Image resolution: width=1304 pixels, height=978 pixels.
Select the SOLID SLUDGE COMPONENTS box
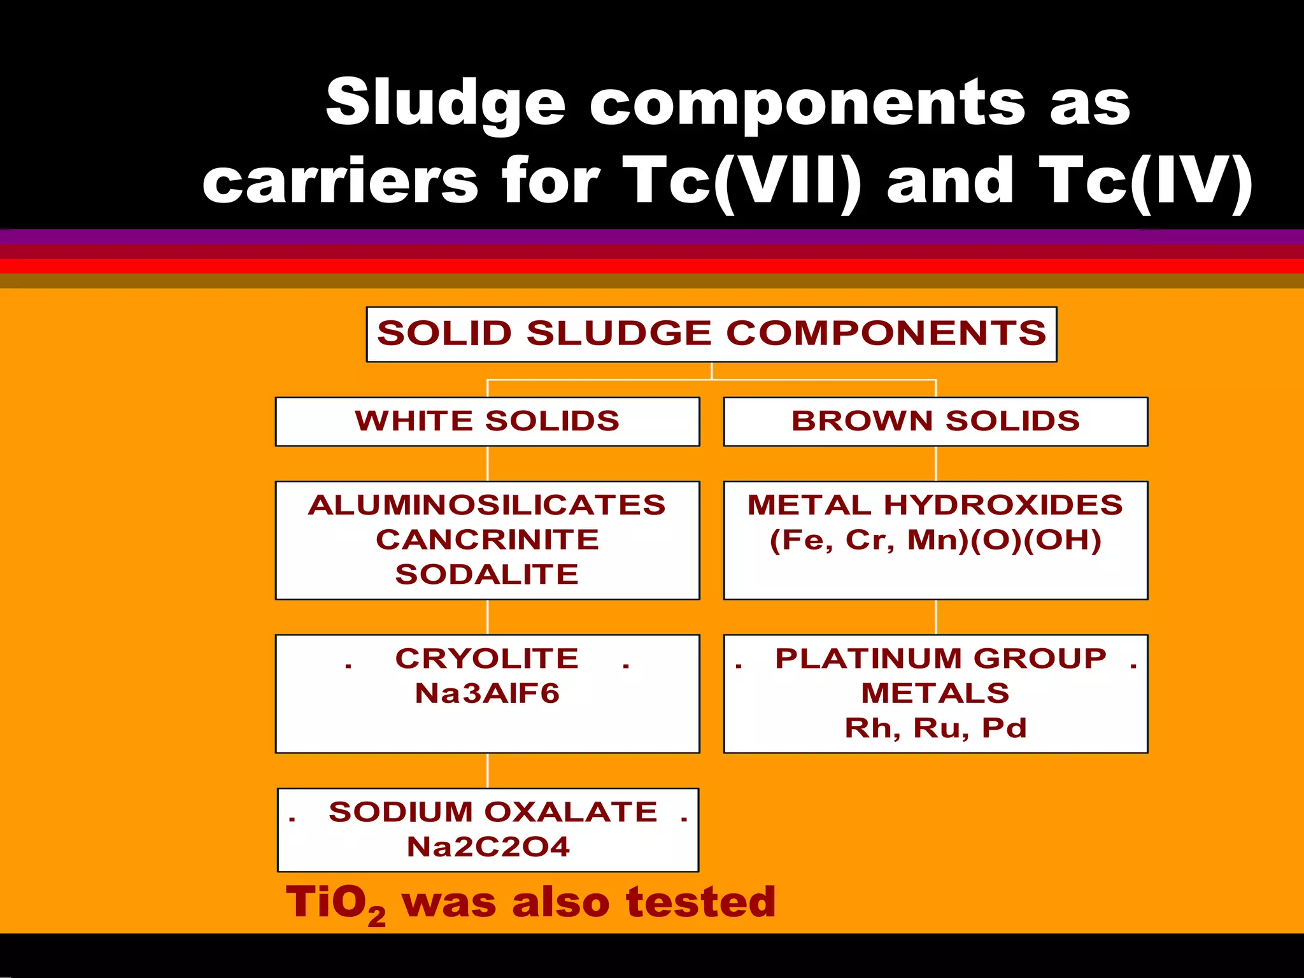click(x=711, y=334)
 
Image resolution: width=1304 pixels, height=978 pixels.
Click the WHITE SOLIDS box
click(x=487, y=422)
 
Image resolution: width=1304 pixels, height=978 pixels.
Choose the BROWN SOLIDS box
click(x=935, y=422)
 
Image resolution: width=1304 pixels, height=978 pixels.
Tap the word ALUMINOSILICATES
click(x=487, y=506)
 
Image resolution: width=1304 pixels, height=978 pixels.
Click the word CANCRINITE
click(x=487, y=540)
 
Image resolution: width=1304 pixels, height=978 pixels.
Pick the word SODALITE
click(x=487, y=574)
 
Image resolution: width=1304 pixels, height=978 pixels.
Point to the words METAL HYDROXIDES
click(x=935, y=506)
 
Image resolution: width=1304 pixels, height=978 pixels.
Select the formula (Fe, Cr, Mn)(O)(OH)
click(x=935, y=540)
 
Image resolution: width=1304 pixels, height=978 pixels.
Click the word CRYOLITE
click(x=487, y=659)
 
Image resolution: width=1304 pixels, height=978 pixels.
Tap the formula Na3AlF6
click(x=487, y=693)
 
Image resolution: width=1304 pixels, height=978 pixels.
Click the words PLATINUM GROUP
click(x=940, y=659)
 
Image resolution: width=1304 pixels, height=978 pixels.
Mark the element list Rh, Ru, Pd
click(x=935, y=728)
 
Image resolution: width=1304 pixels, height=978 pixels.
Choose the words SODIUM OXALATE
click(x=493, y=812)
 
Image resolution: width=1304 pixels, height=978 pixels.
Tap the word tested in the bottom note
click(x=700, y=903)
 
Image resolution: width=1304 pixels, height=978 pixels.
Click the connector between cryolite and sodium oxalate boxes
click(x=488, y=770)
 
